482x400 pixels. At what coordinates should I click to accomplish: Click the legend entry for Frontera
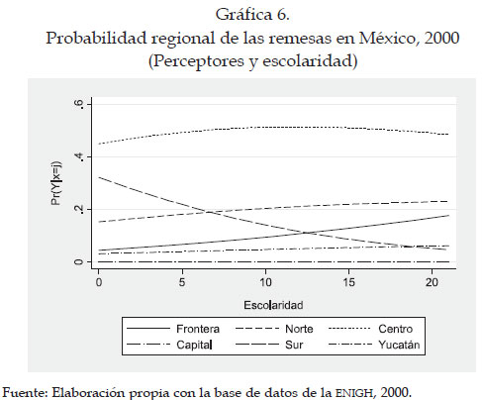(198, 329)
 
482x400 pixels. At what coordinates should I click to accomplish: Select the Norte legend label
(299, 329)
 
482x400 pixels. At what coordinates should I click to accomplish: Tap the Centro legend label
(395, 329)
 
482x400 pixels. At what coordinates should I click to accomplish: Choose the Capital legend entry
(194, 345)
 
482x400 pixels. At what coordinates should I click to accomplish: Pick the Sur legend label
(294, 345)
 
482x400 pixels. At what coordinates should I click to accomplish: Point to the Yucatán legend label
(399, 345)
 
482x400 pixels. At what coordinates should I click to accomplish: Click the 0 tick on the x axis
(99, 282)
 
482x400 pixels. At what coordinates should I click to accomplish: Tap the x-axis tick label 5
(182, 282)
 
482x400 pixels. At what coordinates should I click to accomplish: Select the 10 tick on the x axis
(265, 282)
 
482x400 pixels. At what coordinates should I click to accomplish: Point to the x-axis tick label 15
(348, 282)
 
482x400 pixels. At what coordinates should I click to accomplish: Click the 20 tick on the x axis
(432, 282)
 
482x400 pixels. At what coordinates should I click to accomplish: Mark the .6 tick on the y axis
(78, 104)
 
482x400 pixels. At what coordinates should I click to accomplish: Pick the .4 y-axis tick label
(78, 156)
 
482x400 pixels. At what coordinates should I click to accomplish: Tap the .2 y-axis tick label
(78, 209)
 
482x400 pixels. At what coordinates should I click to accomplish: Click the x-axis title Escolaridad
(273, 305)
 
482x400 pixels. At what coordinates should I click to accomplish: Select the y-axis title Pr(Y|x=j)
(56, 183)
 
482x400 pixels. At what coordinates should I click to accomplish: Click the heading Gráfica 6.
(252, 15)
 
